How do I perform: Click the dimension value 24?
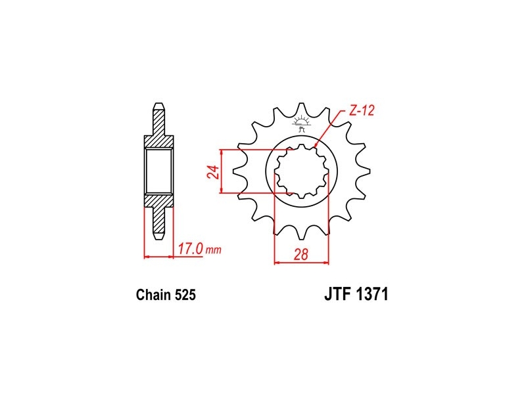(x=215, y=172)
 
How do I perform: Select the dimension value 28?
(x=301, y=255)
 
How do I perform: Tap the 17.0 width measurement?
(x=190, y=249)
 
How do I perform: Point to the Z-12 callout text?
(x=361, y=110)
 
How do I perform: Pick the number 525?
(x=185, y=295)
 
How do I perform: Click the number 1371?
(x=372, y=294)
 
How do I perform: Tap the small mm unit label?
(x=213, y=250)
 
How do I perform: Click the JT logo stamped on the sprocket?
(x=301, y=123)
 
